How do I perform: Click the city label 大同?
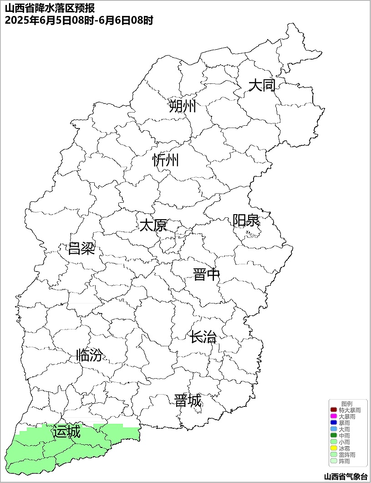[x=262, y=85]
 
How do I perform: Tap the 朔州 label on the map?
[x=182, y=106]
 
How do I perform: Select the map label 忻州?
[x=166, y=160]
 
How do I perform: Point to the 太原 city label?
[x=153, y=225]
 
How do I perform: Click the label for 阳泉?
[x=246, y=221]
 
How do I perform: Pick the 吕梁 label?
[x=81, y=249]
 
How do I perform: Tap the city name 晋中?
[x=206, y=275]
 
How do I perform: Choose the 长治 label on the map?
[x=203, y=338]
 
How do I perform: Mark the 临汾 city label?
[x=89, y=355]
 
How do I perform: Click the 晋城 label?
[x=188, y=401]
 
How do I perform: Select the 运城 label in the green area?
[x=66, y=431]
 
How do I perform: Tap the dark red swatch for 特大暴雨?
[x=333, y=410]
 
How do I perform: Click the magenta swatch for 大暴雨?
[x=333, y=416]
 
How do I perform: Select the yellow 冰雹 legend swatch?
[x=333, y=448]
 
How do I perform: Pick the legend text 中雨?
[x=345, y=436]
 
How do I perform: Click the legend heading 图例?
[x=347, y=404]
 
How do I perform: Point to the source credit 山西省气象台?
[x=346, y=477]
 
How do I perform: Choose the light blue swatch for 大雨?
[x=333, y=429]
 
